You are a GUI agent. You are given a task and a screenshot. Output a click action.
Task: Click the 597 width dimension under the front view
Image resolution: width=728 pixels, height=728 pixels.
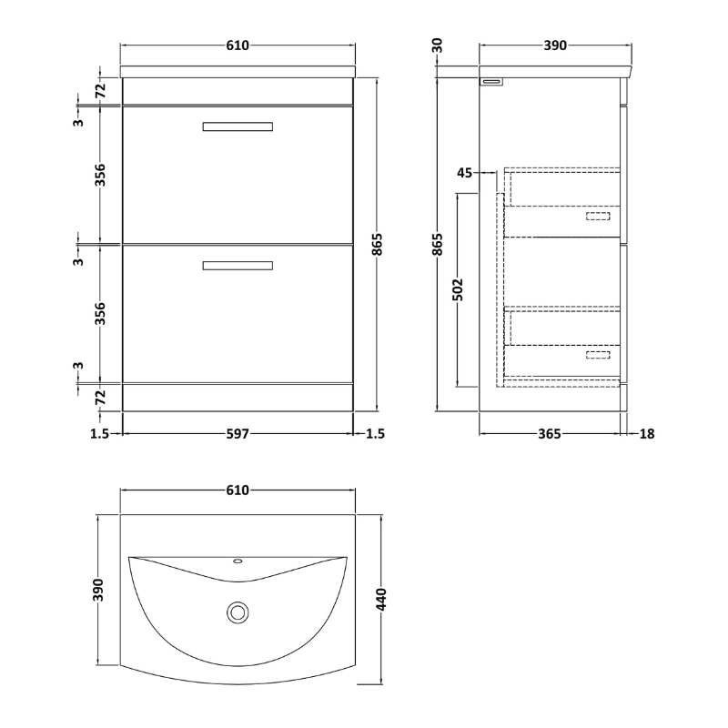tap(238, 434)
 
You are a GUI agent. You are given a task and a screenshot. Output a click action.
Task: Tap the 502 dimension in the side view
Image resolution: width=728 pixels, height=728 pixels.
tap(459, 288)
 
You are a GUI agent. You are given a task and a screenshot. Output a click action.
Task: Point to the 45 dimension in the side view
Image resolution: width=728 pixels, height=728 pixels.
tap(464, 174)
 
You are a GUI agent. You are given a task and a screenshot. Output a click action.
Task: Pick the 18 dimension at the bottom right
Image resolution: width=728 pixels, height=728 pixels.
tap(647, 434)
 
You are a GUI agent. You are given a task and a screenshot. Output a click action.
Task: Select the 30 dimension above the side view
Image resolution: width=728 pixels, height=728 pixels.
tap(438, 45)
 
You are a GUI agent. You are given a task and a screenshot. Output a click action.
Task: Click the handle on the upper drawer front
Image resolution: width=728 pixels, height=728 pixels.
tap(237, 126)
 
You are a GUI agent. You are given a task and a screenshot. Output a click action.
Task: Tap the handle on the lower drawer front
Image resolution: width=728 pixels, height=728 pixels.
tap(237, 266)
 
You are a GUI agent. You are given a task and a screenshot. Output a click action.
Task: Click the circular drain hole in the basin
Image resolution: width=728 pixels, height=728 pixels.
tap(238, 612)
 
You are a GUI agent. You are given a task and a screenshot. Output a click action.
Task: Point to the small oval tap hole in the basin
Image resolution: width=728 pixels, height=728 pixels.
tap(238, 562)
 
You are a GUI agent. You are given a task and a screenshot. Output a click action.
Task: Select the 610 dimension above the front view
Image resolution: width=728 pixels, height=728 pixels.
tap(237, 45)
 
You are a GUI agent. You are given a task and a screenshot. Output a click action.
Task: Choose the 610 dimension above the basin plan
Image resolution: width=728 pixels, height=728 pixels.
tap(237, 490)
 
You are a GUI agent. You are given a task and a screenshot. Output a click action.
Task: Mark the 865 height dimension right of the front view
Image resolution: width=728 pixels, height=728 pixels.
tap(383, 244)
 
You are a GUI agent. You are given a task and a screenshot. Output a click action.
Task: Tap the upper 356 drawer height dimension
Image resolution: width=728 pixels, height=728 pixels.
tap(101, 175)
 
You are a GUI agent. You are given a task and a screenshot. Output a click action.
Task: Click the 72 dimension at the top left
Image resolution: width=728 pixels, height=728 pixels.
tap(101, 89)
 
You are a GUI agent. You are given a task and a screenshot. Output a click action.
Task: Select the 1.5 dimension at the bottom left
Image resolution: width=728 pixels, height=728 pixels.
tap(101, 434)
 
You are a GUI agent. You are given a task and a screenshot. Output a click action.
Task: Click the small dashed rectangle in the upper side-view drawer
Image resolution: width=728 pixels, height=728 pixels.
tap(598, 216)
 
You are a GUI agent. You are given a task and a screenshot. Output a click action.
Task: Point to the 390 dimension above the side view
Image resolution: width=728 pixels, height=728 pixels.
tap(555, 45)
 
